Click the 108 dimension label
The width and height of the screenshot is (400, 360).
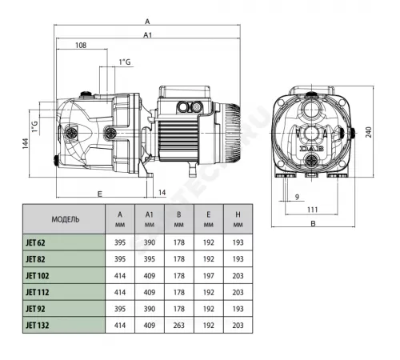pyautogui.click(x=80, y=46)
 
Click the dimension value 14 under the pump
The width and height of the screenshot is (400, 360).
pyautogui.click(x=162, y=193)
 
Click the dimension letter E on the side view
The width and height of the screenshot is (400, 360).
pyautogui.click(x=100, y=193)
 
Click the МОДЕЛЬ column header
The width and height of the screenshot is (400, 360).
pyautogui.click(x=65, y=218)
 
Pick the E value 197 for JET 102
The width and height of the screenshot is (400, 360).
pyautogui.click(x=208, y=274)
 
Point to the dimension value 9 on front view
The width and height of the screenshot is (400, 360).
pyautogui.click(x=295, y=196)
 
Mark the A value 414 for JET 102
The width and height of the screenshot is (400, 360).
pyautogui.click(x=120, y=274)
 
